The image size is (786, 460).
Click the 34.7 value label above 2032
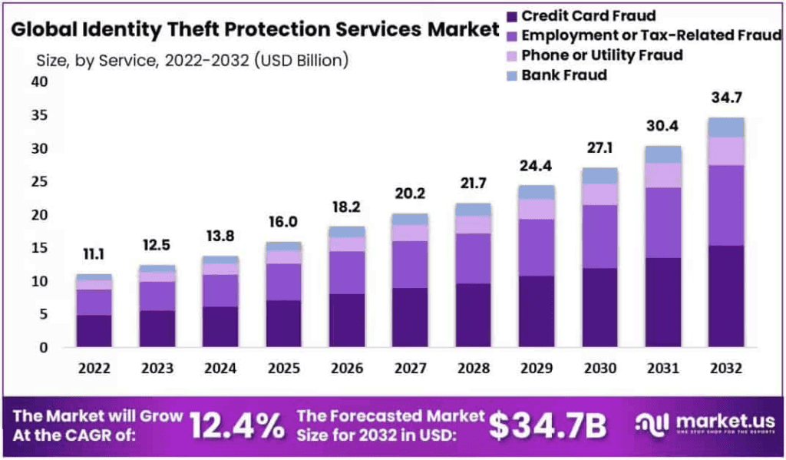[725, 98]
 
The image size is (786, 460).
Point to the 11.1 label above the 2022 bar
[94, 253]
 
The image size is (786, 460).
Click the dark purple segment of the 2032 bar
[726, 296]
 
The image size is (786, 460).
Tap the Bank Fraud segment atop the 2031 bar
[662, 154]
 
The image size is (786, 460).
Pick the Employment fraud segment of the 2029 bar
[537, 247]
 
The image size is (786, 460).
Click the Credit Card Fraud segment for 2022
[94, 330]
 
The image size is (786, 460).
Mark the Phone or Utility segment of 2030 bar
[599, 194]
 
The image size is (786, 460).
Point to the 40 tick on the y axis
[38, 82]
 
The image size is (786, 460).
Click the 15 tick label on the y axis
[38, 248]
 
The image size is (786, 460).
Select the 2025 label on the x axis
[283, 368]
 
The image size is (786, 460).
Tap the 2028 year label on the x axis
[473, 368]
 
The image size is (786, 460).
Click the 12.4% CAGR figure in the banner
[236, 424]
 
